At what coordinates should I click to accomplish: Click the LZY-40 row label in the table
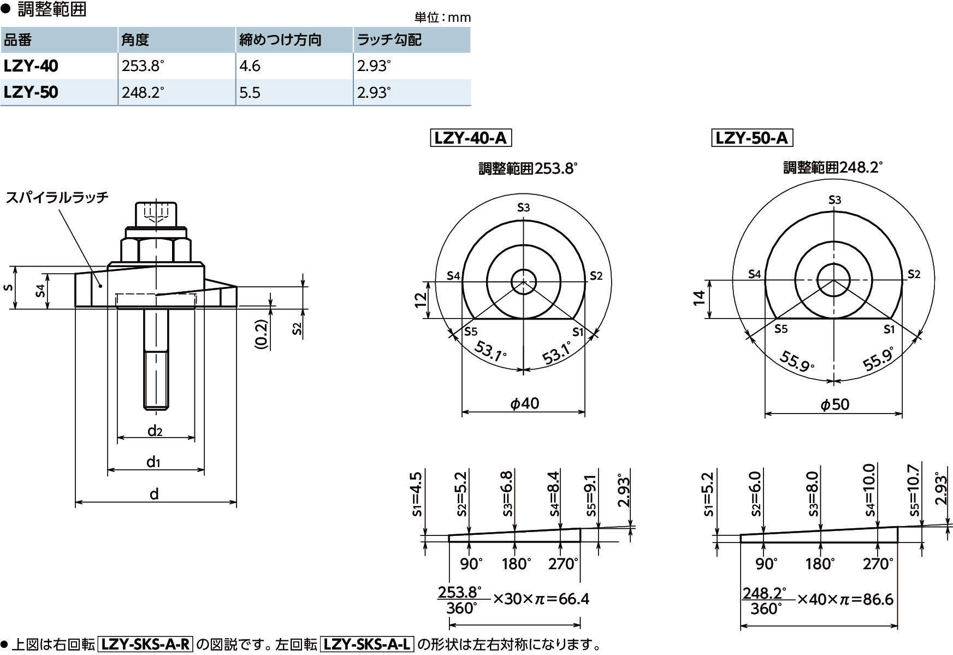click(x=31, y=66)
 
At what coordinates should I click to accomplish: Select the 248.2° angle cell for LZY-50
click(x=143, y=92)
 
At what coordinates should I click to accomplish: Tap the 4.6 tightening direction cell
click(x=250, y=66)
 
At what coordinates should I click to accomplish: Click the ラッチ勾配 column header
click(x=389, y=40)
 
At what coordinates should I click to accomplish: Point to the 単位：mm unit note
click(x=442, y=17)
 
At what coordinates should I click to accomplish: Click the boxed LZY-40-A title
click(x=470, y=138)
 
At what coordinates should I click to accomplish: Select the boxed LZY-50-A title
click(x=751, y=138)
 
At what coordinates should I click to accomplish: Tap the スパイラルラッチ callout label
click(x=57, y=197)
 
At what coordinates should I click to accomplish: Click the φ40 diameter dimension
click(x=524, y=403)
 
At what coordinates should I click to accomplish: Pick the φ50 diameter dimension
click(x=835, y=404)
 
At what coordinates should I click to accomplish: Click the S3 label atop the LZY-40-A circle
click(x=523, y=207)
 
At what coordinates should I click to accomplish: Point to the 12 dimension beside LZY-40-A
click(x=421, y=300)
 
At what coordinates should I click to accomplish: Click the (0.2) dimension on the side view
click(x=262, y=334)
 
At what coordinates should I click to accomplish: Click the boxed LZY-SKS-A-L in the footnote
click(x=367, y=645)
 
